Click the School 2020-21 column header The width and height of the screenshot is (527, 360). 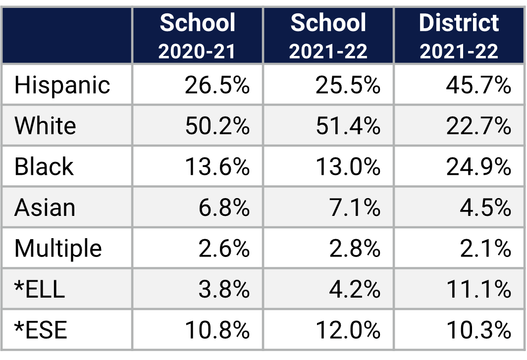coord(198,36)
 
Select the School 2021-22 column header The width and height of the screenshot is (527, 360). coord(328,36)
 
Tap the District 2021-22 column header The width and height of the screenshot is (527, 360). coord(459,36)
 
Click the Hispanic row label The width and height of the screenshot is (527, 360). coord(62,85)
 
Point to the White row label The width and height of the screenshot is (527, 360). coord(45,126)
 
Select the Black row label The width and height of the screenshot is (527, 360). coord(44,167)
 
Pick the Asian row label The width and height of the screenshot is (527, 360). coord(45,207)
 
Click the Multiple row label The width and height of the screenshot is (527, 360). coord(58,249)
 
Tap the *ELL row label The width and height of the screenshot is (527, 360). coord(40,289)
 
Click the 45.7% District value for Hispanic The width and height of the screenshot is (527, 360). coord(478,85)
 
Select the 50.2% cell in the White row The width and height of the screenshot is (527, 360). coord(217,126)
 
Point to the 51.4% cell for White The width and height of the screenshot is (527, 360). coord(348,126)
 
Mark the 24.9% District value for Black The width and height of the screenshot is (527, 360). coord(478,167)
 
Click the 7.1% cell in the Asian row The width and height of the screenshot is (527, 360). coord(355,207)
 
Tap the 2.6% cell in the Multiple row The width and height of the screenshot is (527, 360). coord(224,249)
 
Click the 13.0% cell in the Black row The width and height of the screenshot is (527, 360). coord(348,167)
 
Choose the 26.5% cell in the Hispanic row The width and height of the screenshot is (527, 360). coord(217,85)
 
